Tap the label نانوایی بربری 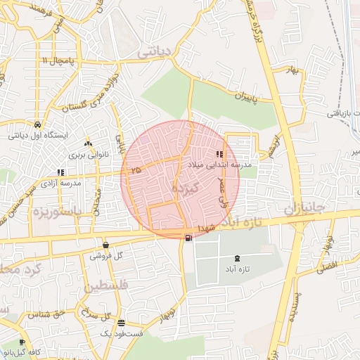86,153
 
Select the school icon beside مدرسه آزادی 60,172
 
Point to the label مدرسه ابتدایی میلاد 223,163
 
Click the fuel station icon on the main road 188,238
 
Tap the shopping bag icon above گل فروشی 105,245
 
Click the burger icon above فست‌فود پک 122,323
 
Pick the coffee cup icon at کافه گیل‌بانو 22,342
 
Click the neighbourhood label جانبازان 307,210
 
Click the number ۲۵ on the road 135,170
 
